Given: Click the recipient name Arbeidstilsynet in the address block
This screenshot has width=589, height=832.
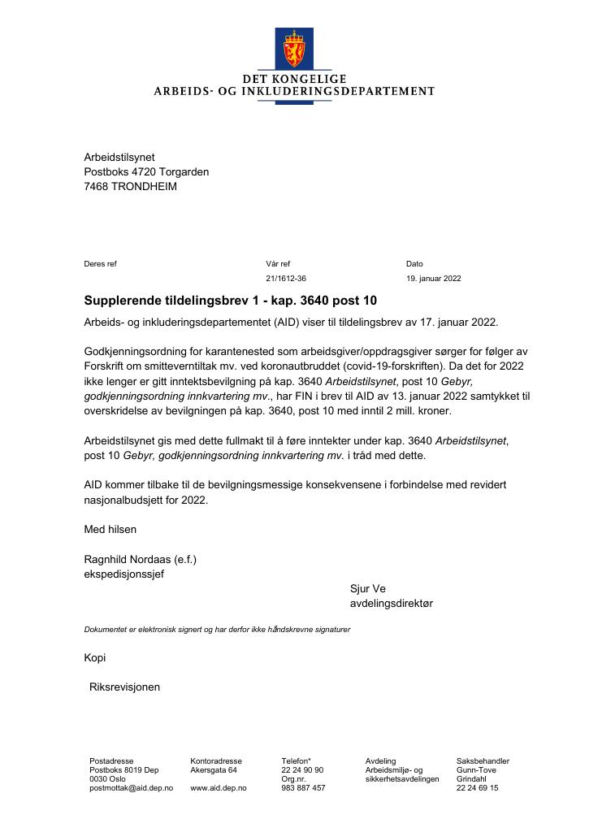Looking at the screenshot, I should [119, 157].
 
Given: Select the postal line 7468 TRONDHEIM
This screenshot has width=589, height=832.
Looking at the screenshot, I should [130, 186].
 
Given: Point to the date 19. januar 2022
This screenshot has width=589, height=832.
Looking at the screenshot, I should [434, 278].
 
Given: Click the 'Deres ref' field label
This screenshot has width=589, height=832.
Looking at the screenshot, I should [101, 263].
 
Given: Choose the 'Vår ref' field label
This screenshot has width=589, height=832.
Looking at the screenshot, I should [278, 263].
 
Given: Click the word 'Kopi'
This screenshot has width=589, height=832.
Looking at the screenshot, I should [95, 657].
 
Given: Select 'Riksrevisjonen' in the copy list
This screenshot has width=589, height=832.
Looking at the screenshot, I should [124, 687].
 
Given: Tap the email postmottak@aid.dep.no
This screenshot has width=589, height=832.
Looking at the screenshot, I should [132, 787].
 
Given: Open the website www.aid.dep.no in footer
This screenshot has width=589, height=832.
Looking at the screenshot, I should [219, 787].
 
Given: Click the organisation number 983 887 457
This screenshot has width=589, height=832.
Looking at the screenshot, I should [303, 787].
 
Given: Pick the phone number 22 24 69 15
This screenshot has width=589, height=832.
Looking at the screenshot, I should [478, 787].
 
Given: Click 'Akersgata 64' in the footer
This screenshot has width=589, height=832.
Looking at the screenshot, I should [214, 769].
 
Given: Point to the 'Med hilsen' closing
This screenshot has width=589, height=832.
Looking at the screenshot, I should [110, 529].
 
